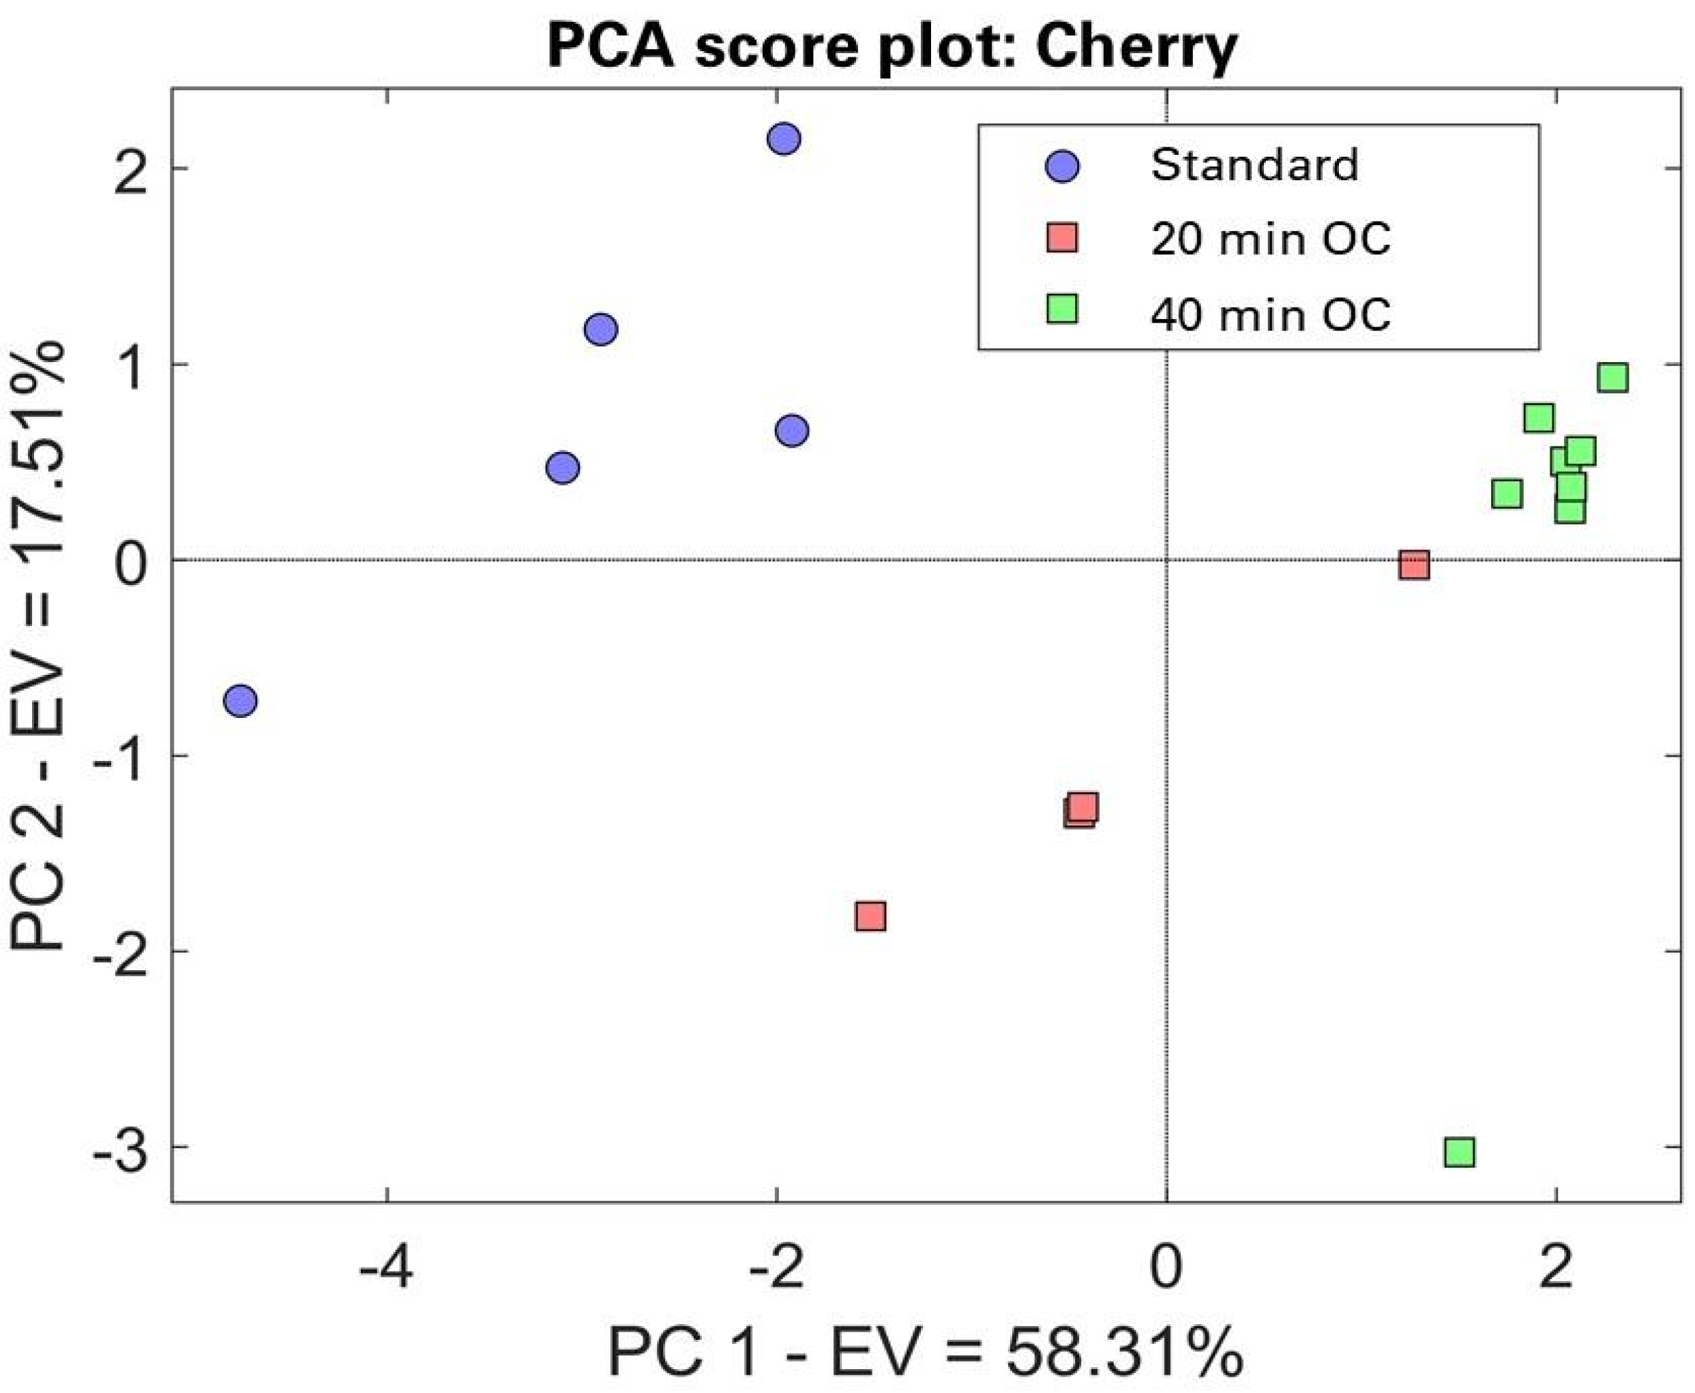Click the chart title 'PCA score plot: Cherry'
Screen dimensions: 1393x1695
[x=891, y=46]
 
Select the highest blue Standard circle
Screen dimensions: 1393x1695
[x=783, y=139]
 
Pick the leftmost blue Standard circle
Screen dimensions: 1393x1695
[x=240, y=700]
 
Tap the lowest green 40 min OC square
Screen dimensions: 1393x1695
[x=1459, y=1152]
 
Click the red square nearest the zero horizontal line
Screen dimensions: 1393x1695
[x=1413, y=565]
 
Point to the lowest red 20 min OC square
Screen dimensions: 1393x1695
[x=870, y=916]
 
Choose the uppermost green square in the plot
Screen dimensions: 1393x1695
[x=1612, y=377]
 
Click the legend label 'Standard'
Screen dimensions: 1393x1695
[x=1254, y=165]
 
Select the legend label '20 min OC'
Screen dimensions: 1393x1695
[x=1269, y=239]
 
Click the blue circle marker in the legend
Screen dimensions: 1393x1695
[x=1063, y=167]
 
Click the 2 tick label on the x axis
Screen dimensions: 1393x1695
[x=1555, y=1270]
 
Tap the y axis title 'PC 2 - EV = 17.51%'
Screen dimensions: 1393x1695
[x=38, y=646]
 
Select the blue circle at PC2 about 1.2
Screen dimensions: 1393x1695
[x=600, y=329]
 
